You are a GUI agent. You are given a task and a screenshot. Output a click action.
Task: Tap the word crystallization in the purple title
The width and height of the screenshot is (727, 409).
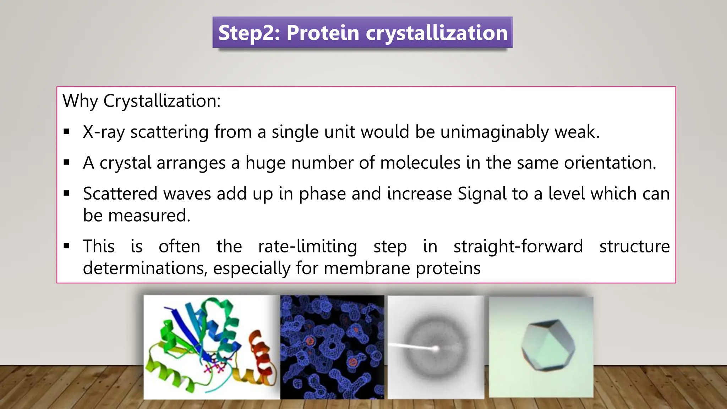437,33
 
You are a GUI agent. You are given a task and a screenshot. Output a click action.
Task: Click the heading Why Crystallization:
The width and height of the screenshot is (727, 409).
142,101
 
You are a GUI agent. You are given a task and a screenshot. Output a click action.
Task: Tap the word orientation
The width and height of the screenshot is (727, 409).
610,163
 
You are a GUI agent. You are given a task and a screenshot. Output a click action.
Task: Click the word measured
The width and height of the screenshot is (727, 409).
149,216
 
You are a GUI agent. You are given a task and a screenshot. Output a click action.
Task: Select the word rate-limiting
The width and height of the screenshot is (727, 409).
307,246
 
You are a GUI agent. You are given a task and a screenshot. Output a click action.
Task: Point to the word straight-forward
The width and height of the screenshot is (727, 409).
518,246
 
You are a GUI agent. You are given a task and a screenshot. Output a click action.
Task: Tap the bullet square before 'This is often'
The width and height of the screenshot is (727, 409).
67,246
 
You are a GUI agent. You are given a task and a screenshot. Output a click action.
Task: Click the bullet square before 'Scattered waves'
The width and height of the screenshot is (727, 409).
67,193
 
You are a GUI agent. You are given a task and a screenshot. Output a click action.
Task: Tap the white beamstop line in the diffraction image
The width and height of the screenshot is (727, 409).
412,346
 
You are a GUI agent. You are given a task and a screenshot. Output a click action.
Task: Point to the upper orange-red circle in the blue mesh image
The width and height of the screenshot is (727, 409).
310,341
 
